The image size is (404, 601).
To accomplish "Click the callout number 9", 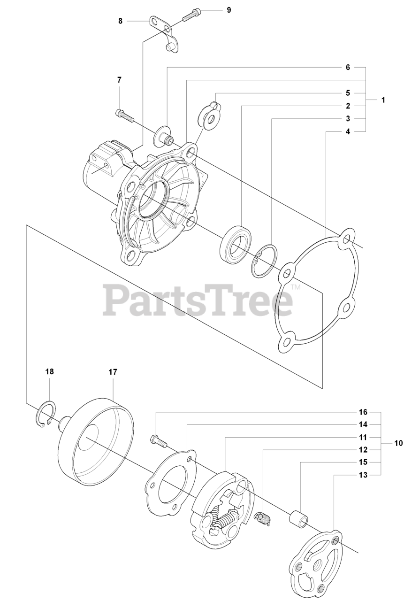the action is [229, 9].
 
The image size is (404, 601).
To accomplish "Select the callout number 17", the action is [113, 371].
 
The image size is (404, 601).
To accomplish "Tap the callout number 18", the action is [49, 371].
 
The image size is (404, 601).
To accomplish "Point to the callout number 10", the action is [398, 443].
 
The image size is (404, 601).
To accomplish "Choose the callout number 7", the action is [119, 80].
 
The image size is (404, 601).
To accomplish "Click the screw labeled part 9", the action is [190, 15].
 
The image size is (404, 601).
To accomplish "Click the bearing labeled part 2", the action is [236, 248].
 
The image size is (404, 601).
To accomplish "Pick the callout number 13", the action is [348, 475].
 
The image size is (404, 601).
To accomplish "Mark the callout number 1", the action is [383, 100].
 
